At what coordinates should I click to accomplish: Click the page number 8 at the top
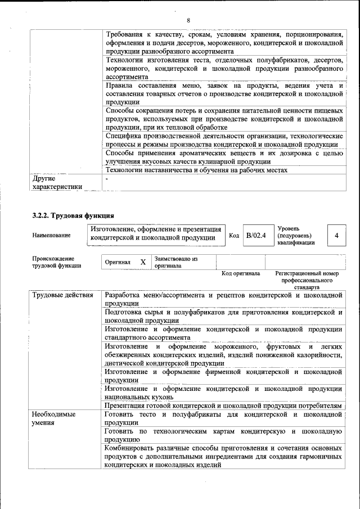click(188, 21)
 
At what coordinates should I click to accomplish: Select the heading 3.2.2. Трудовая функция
click(73, 215)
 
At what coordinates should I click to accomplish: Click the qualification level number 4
click(336, 235)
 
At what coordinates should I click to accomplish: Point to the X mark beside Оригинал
click(143, 262)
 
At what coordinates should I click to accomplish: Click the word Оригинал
click(118, 262)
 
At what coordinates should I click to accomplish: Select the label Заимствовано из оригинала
click(176, 262)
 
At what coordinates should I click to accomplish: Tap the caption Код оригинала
click(241, 274)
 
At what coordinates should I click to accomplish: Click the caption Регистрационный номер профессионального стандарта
click(307, 280)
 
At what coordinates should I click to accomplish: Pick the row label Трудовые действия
click(62, 295)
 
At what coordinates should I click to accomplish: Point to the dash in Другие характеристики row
click(107, 179)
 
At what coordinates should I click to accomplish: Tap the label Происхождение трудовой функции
click(57, 262)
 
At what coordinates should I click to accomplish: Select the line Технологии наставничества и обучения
click(196, 170)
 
